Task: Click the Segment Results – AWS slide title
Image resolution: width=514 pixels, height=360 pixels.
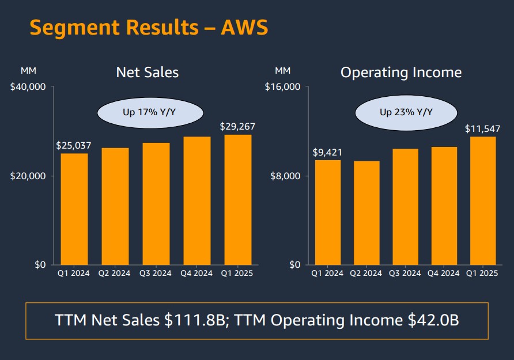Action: (149, 27)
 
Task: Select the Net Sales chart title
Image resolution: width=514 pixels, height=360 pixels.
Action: (148, 73)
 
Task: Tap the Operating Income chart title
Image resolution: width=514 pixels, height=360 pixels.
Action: (401, 73)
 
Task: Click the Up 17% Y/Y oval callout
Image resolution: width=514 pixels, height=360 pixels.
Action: (150, 112)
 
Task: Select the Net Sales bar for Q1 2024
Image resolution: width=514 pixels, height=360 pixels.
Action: (74, 209)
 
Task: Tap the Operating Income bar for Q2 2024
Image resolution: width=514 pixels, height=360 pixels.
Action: (366, 213)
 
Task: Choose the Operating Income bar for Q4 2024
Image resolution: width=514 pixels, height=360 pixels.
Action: (444, 206)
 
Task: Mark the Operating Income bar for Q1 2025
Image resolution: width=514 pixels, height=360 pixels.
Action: (483, 200)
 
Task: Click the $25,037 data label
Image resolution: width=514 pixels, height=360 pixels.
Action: (74, 146)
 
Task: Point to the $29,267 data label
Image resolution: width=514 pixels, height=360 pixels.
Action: (237, 127)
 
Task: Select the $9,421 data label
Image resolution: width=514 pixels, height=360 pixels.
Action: (327, 153)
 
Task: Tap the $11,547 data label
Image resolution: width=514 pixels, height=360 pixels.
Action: (483, 129)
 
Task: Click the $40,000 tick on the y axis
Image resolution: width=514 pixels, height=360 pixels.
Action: (28, 87)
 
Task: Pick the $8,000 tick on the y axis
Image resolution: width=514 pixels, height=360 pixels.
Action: (286, 176)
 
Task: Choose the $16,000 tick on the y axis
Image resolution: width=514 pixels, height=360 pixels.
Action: (283, 87)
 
